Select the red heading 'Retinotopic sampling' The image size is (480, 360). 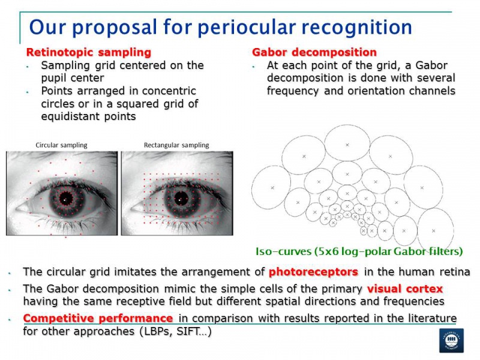89,53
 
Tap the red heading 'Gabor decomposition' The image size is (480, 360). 314,53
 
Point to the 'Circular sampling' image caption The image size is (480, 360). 61,145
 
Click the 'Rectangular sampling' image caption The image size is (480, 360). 176,145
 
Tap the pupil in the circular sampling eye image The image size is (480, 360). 66,197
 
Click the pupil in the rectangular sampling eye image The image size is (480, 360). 179,196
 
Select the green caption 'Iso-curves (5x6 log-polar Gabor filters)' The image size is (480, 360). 359,251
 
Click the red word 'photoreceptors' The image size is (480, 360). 313,272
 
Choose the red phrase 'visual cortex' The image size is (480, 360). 405,288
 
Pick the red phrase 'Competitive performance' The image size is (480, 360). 98,317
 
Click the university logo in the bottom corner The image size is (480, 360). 451,340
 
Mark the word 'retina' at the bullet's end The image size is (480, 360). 453,272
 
